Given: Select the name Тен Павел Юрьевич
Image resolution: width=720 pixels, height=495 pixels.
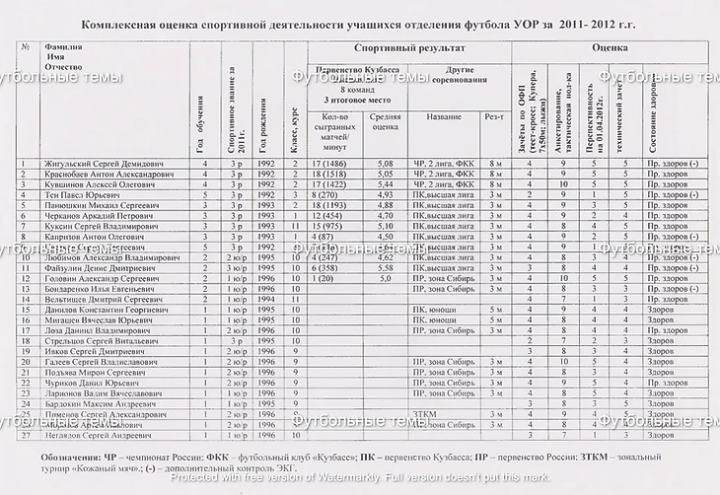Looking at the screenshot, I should [85, 194].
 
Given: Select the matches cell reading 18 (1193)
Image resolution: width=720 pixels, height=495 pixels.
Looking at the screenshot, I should [330, 205].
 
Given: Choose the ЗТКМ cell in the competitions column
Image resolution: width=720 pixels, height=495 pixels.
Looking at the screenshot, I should [427, 414].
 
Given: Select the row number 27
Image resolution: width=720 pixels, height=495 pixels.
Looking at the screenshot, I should [24, 435].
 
